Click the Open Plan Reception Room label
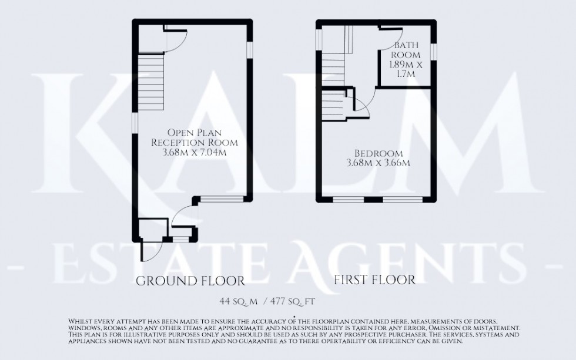point(193,137)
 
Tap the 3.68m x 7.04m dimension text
point(193,153)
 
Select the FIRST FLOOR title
point(375,279)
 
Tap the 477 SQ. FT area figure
point(292,302)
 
